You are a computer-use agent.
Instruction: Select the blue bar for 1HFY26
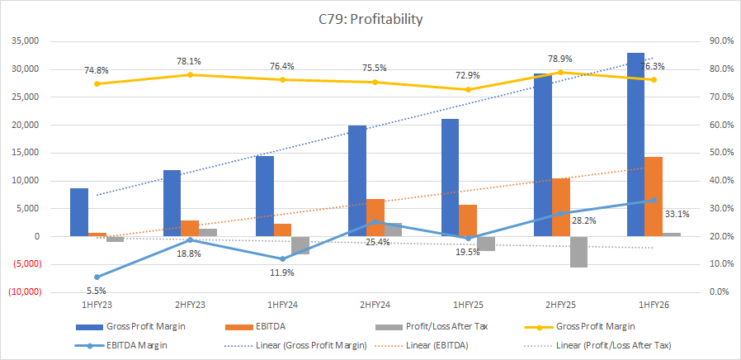point(636,144)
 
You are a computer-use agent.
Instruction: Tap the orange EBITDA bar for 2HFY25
point(561,207)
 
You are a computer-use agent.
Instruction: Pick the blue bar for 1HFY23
point(79,212)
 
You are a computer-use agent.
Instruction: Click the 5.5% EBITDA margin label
point(97,290)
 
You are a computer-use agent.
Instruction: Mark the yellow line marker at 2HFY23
point(190,74)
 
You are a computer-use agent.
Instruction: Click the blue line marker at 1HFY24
point(282,259)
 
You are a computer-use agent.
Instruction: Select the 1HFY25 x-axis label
point(467,306)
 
